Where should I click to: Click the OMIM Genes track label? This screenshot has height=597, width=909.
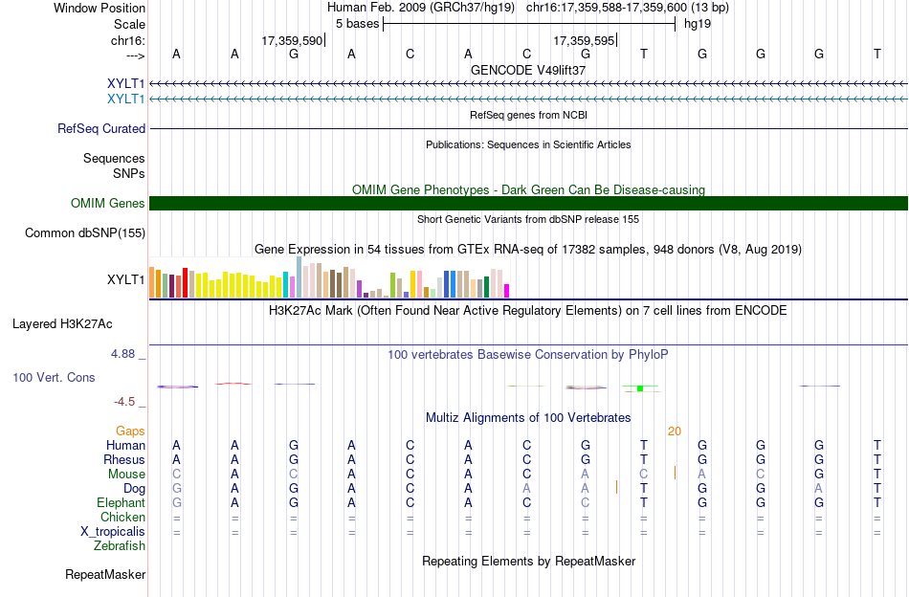(x=108, y=204)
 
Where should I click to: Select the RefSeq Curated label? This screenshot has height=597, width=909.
(x=101, y=128)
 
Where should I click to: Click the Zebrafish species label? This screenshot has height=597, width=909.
(x=120, y=546)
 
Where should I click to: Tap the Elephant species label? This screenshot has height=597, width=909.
(x=122, y=503)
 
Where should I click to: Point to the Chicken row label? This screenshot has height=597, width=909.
(x=122, y=517)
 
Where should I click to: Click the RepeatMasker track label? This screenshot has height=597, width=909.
(x=105, y=574)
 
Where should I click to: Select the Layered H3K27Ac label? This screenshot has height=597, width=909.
(x=62, y=324)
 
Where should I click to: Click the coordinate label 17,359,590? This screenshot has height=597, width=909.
(x=292, y=40)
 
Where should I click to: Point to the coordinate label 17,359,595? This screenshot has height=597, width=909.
(x=584, y=40)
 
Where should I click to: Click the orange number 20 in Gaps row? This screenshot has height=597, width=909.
(x=675, y=431)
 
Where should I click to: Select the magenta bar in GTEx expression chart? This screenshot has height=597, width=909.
(x=507, y=291)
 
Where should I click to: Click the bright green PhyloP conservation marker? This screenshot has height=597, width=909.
(x=640, y=388)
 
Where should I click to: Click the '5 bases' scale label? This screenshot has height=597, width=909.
(x=357, y=24)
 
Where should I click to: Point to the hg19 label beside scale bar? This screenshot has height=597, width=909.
(x=698, y=24)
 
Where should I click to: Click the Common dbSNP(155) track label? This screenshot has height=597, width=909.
(x=85, y=233)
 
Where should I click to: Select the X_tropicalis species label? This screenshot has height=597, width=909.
(x=113, y=532)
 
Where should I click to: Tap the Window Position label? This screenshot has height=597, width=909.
(x=100, y=8)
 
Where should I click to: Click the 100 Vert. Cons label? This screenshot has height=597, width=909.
(x=54, y=378)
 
